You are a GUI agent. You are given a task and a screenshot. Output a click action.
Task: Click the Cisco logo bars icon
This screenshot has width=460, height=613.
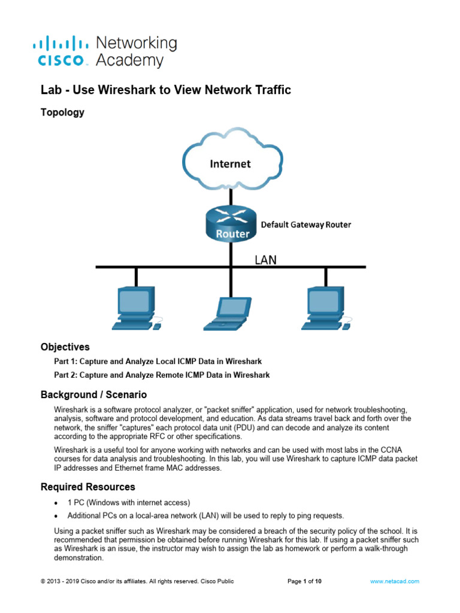pyautogui.click(x=60, y=43)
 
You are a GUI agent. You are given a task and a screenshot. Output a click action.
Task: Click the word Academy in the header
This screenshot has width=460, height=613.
pyautogui.click(x=129, y=60)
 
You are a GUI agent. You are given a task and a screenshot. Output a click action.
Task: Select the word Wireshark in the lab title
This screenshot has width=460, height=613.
pyautogui.click(x=165, y=90)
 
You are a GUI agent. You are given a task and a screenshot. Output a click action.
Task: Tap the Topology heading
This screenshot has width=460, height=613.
pyautogui.click(x=62, y=113)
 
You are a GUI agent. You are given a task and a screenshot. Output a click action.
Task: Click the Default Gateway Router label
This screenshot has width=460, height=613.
pyautogui.click(x=306, y=225)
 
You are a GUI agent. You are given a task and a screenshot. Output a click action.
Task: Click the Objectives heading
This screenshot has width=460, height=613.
pyautogui.click(x=65, y=347)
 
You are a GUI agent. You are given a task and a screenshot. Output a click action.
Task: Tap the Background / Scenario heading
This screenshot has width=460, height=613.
pyautogui.click(x=93, y=395)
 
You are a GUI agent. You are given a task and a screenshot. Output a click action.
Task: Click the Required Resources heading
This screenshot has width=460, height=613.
pyautogui.click(x=87, y=487)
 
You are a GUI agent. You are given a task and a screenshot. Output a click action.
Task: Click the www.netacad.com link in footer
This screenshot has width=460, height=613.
pyautogui.click(x=395, y=581)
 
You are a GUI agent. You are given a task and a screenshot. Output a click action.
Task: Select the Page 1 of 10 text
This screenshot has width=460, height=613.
pyautogui.click(x=305, y=581)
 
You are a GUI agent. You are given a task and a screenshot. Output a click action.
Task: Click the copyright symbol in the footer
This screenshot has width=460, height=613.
pyautogui.click(x=43, y=581)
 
